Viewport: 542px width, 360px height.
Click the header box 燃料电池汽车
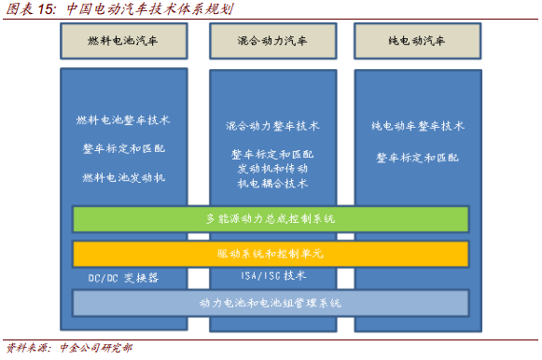[x=123, y=42]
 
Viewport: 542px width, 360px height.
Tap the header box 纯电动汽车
[x=417, y=42]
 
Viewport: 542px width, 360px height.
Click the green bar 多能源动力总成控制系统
[x=271, y=219]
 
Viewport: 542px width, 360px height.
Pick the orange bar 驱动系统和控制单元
[x=271, y=254]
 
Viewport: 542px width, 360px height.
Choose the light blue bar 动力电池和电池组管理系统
[x=271, y=303]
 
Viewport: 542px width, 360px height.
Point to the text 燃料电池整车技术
[x=123, y=120]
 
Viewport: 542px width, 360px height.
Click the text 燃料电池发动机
[x=123, y=177]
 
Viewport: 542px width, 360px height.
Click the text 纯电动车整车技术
[x=417, y=126]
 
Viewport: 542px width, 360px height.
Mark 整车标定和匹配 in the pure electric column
[x=417, y=158]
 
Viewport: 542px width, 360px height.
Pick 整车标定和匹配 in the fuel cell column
[x=123, y=149]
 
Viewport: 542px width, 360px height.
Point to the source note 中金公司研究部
[x=95, y=349]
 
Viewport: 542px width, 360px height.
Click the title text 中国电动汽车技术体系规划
[x=150, y=9]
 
